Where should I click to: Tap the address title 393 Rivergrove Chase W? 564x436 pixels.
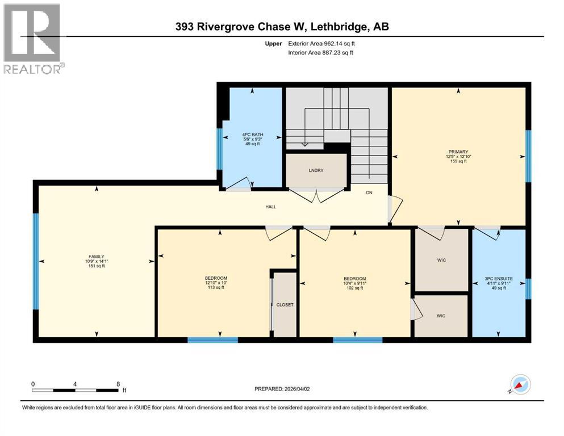click(x=282, y=26)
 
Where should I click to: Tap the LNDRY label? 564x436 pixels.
click(x=316, y=170)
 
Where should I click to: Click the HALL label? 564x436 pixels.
click(x=271, y=207)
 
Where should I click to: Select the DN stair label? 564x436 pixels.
click(x=369, y=193)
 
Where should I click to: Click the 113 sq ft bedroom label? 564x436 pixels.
click(x=216, y=283)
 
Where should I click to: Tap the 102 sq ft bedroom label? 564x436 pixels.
click(x=354, y=283)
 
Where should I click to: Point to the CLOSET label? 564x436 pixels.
click(x=285, y=305)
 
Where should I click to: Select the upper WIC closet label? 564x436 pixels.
click(x=442, y=260)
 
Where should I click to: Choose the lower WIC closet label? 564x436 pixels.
click(x=441, y=315)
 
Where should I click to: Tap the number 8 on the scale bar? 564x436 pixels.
click(x=117, y=384)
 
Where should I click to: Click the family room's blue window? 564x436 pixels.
click(x=35, y=262)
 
